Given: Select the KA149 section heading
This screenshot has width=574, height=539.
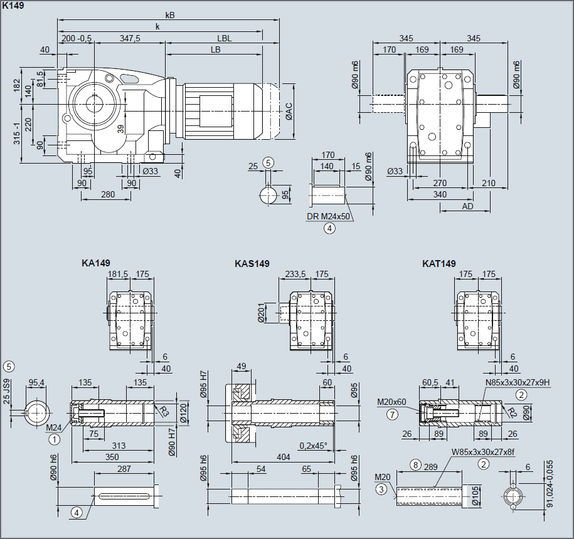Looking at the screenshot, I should [96, 264].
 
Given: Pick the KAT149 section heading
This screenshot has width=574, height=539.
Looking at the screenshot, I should [439, 264].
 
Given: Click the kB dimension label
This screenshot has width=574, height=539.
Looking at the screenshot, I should [170, 15].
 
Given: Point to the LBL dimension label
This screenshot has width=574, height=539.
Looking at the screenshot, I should [224, 38].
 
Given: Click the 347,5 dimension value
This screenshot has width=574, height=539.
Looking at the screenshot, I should [129, 38].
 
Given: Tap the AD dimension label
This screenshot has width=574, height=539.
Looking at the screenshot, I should [467, 206].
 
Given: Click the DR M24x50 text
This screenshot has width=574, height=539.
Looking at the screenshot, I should [328, 217].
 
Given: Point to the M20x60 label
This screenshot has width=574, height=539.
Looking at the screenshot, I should [392, 402].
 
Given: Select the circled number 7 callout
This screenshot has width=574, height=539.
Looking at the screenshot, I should [393, 414].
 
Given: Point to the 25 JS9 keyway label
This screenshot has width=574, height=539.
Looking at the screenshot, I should [7, 392].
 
